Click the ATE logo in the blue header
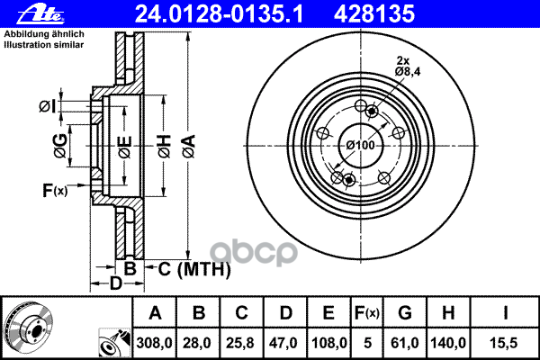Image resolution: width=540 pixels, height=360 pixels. (40, 14)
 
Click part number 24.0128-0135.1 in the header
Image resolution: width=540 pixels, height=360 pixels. (219, 14)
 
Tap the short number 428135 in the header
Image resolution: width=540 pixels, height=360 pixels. (374, 14)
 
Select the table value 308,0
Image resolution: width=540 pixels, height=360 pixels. (154, 343)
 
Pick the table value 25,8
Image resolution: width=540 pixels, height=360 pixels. (240, 343)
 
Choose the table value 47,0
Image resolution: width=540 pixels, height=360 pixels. (283, 343)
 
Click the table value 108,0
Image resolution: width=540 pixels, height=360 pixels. (328, 343)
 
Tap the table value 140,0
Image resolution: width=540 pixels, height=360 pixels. (448, 343)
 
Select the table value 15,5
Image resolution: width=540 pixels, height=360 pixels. (503, 343)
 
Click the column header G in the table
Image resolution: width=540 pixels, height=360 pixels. (405, 313)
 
